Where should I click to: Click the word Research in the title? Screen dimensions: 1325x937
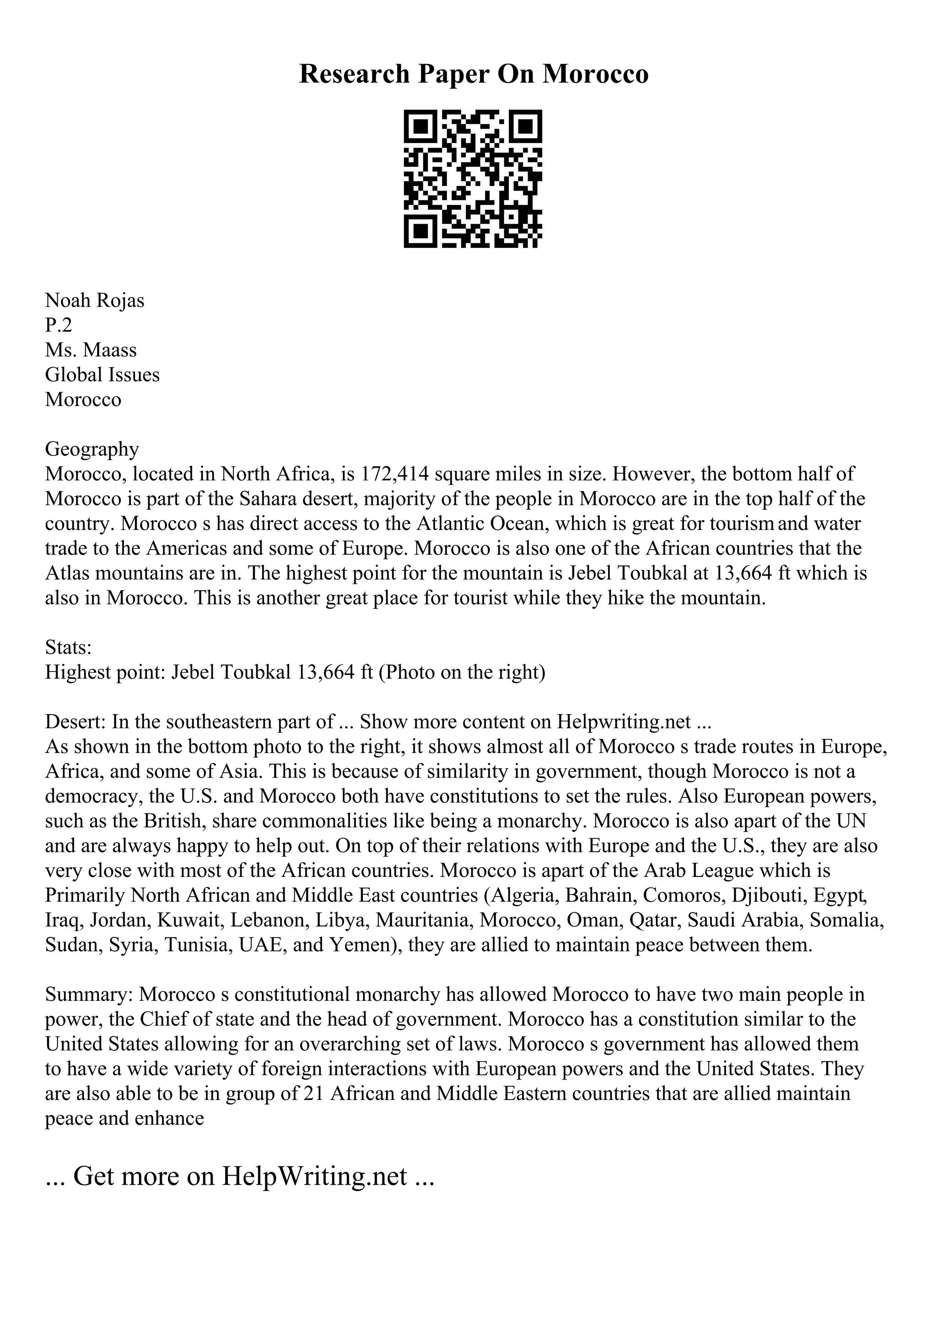tap(354, 74)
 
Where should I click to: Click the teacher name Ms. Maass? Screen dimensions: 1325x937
tap(91, 350)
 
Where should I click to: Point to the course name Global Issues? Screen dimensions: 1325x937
tap(102, 374)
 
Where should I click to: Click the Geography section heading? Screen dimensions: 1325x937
tap(92, 449)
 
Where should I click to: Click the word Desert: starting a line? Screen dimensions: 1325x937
tap(75, 722)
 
